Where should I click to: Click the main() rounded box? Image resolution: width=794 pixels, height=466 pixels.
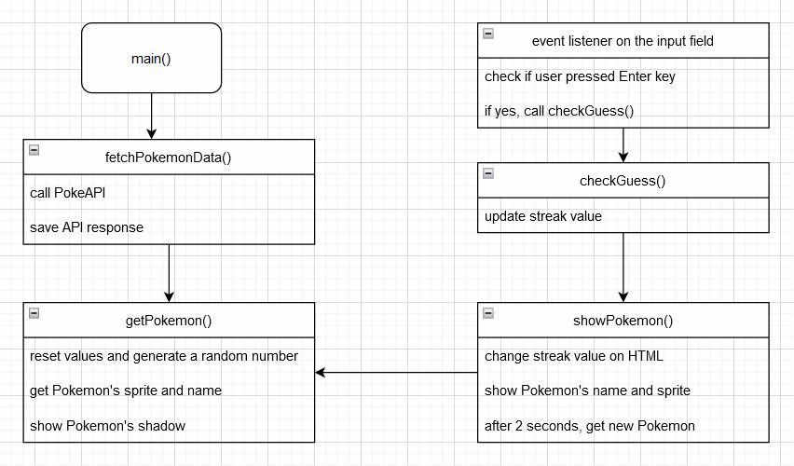[151, 58]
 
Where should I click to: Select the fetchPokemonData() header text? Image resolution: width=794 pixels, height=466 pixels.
[168, 158]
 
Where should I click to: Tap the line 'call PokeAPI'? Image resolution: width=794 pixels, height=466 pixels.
[67, 193]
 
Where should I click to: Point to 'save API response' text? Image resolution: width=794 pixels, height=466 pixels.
[87, 227]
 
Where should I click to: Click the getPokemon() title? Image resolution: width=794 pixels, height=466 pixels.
[169, 321]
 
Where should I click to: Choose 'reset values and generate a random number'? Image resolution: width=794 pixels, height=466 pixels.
[164, 356]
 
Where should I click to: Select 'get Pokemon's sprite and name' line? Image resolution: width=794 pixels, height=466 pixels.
[126, 391]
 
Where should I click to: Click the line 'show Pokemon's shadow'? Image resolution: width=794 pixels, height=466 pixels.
[107, 426]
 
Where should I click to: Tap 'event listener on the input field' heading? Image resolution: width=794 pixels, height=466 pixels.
[623, 41]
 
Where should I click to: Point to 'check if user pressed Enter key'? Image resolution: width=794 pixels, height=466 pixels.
[580, 76]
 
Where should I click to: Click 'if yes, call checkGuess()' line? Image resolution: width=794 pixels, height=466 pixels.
[559, 111]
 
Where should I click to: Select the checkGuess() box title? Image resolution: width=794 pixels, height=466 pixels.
[623, 181]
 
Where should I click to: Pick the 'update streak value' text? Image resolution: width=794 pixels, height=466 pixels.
[543, 216]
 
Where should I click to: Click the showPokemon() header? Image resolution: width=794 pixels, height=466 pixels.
[623, 321]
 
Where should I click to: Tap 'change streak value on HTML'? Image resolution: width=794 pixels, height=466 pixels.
[574, 356]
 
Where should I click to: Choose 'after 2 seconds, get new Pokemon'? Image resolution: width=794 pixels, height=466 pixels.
[589, 426]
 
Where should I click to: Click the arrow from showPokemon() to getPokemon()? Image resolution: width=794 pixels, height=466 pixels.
[396, 372]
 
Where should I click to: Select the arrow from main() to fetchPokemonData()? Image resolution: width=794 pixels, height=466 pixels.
[151, 116]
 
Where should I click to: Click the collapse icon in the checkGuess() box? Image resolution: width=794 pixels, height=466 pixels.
[488, 173]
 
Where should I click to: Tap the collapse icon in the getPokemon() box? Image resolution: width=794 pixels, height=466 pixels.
[34, 313]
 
